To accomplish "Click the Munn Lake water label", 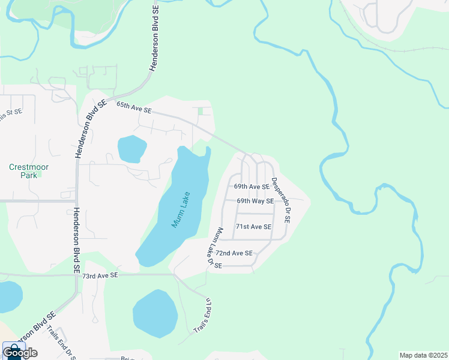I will tap(180, 210).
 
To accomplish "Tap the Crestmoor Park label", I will tap(29, 171).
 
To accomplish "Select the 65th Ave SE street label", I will tap(134, 108).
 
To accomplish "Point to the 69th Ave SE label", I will tap(252, 187).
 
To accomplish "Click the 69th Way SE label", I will tap(255, 201).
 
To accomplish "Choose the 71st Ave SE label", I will tap(253, 227).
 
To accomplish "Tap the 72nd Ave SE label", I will tap(234, 254).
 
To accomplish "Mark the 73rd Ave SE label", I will tap(101, 275).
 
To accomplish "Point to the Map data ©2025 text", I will tap(423, 355).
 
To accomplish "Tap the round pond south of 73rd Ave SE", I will tap(155, 313).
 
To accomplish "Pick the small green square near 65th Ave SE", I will tap(200, 111).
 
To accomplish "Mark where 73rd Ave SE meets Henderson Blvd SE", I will tap(77, 276).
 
